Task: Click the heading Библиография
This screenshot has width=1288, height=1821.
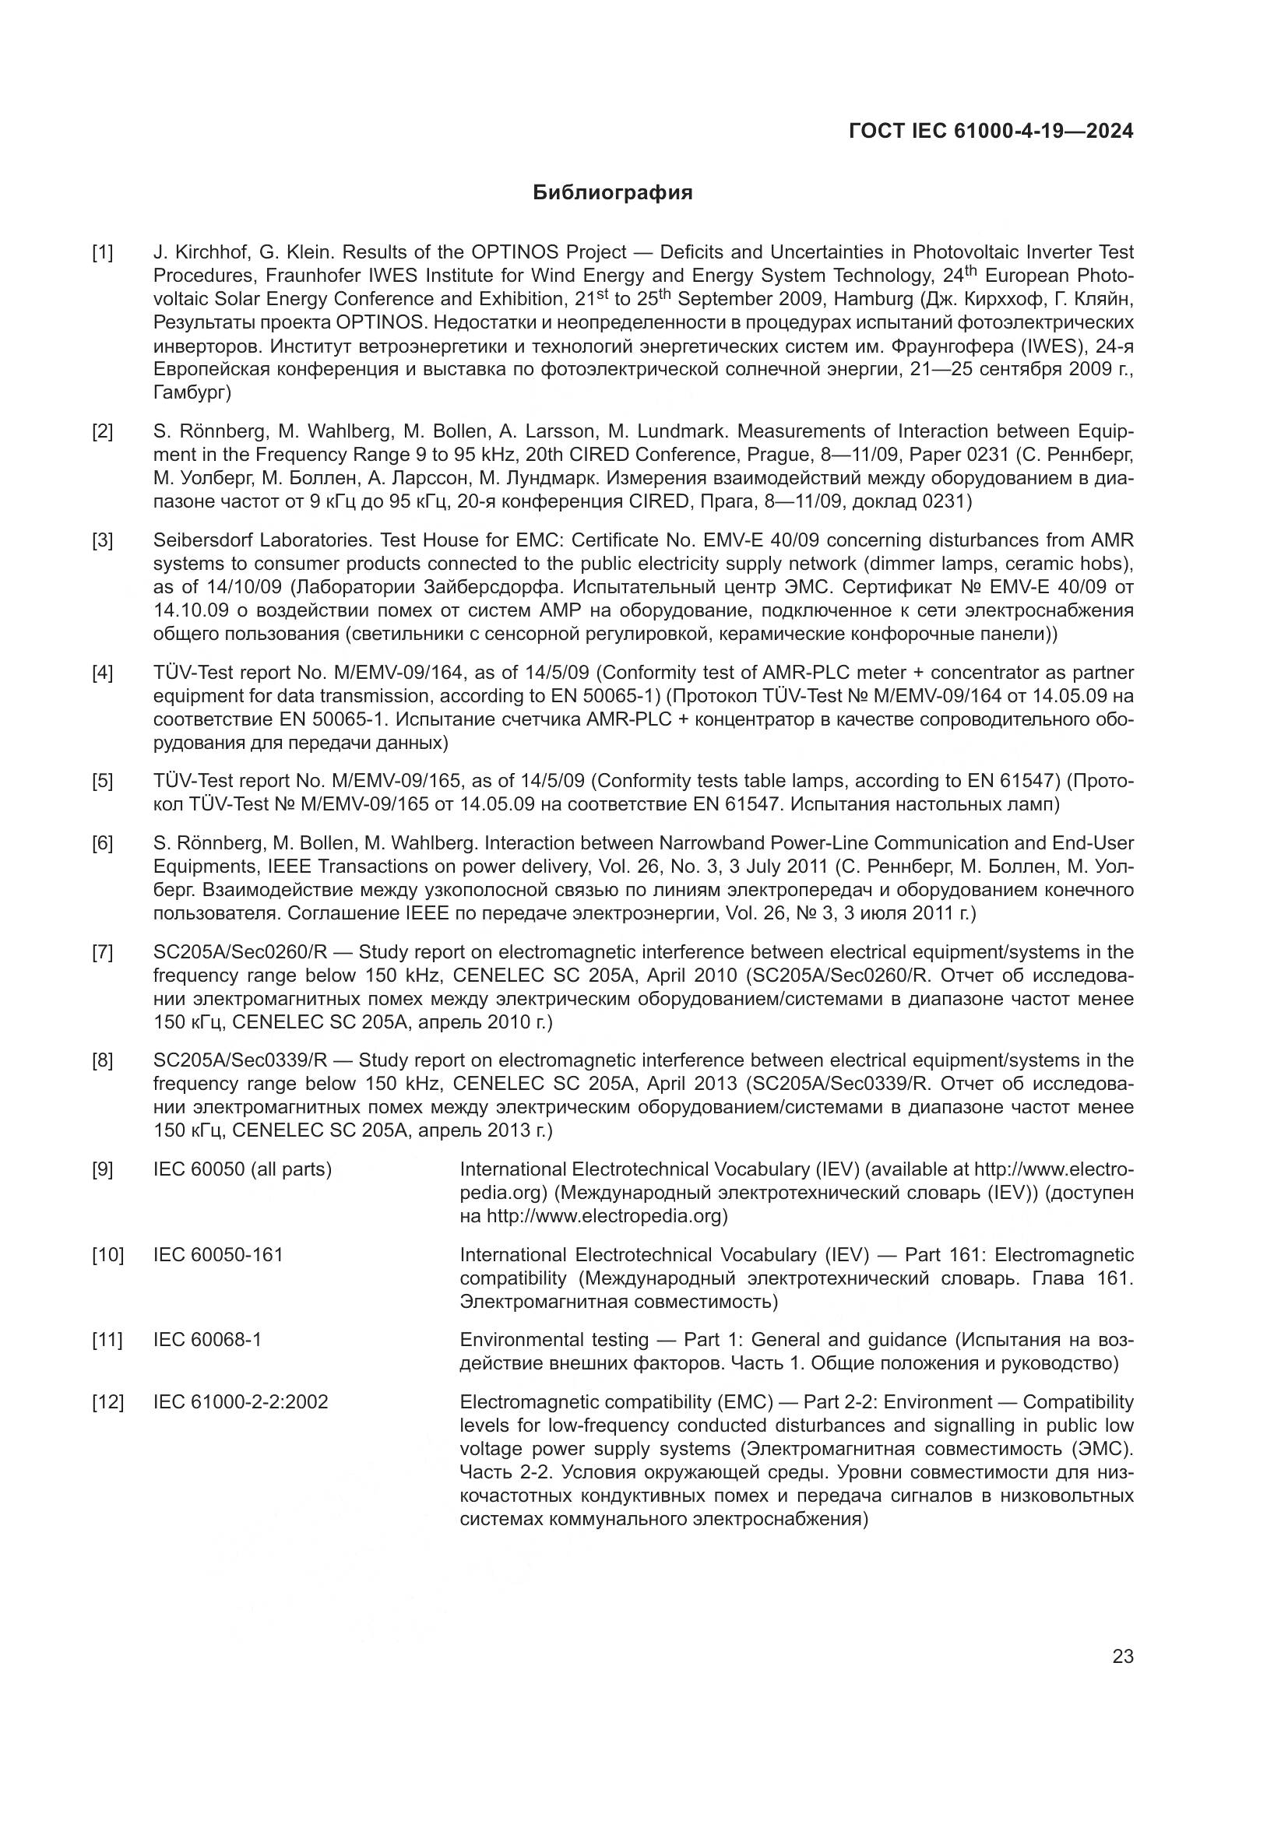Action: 612,193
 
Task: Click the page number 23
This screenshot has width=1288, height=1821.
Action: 1122,1657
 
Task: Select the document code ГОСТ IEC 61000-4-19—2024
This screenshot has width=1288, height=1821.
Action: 991,131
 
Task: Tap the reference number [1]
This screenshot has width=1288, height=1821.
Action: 102,253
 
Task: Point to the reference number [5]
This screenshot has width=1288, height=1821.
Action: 102,781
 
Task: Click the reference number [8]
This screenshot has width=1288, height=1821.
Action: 102,1060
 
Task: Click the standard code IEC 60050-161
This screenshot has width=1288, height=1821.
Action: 218,1255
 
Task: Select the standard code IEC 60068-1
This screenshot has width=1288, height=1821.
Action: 207,1340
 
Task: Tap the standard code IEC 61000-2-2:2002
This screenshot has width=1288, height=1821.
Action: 241,1402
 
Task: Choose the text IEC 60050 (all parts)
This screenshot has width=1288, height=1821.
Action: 242,1169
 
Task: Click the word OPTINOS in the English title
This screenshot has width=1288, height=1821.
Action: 516,253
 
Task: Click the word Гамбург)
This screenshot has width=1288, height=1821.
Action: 192,392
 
